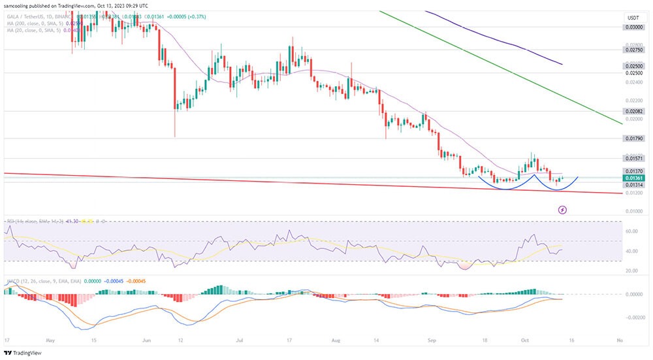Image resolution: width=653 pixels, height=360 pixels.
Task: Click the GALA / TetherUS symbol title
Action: coord(27,16)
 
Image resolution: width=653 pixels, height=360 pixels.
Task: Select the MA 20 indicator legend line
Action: coord(33,29)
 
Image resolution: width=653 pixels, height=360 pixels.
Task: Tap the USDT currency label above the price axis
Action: coord(631,18)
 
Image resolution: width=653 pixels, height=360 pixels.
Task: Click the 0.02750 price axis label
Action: coord(632,50)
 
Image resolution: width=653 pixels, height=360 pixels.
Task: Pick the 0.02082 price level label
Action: coord(632,112)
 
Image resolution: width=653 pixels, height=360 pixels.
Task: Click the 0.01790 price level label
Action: coord(632,139)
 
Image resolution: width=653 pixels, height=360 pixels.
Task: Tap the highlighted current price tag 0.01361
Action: coord(632,178)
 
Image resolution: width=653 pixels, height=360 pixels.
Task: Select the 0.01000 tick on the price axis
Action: coord(632,211)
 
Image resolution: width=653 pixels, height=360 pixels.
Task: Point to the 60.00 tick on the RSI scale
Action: coord(631,231)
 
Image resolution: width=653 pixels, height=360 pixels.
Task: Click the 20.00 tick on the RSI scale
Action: coord(631,270)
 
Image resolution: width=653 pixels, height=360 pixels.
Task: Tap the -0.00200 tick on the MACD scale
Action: coord(631,317)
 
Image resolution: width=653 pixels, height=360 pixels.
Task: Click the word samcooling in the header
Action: coord(20,5)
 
